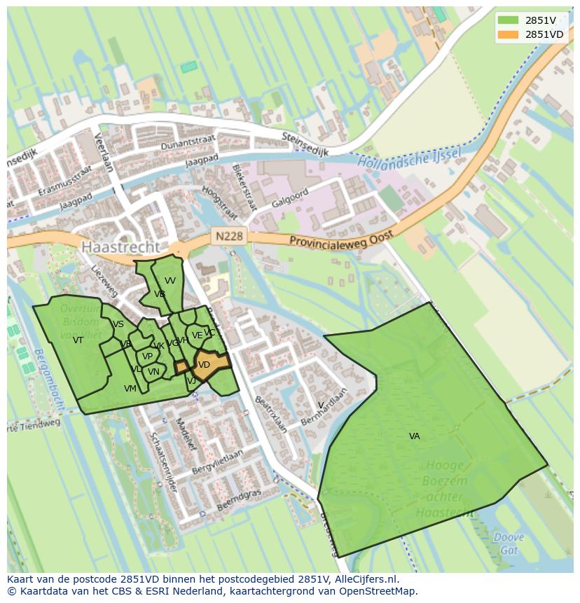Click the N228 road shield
(x=229, y=236)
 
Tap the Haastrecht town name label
(x=120, y=247)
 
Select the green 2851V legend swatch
(x=508, y=20)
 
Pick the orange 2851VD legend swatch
(x=508, y=34)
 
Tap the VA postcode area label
(x=414, y=436)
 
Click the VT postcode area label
(x=78, y=340)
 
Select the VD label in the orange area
(x=204, y=365)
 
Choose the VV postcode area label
(x=170, y=281)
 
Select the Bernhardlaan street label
(x=323, y=407)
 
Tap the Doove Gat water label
(x=508, y=543)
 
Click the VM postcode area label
(x=130, y=389)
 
